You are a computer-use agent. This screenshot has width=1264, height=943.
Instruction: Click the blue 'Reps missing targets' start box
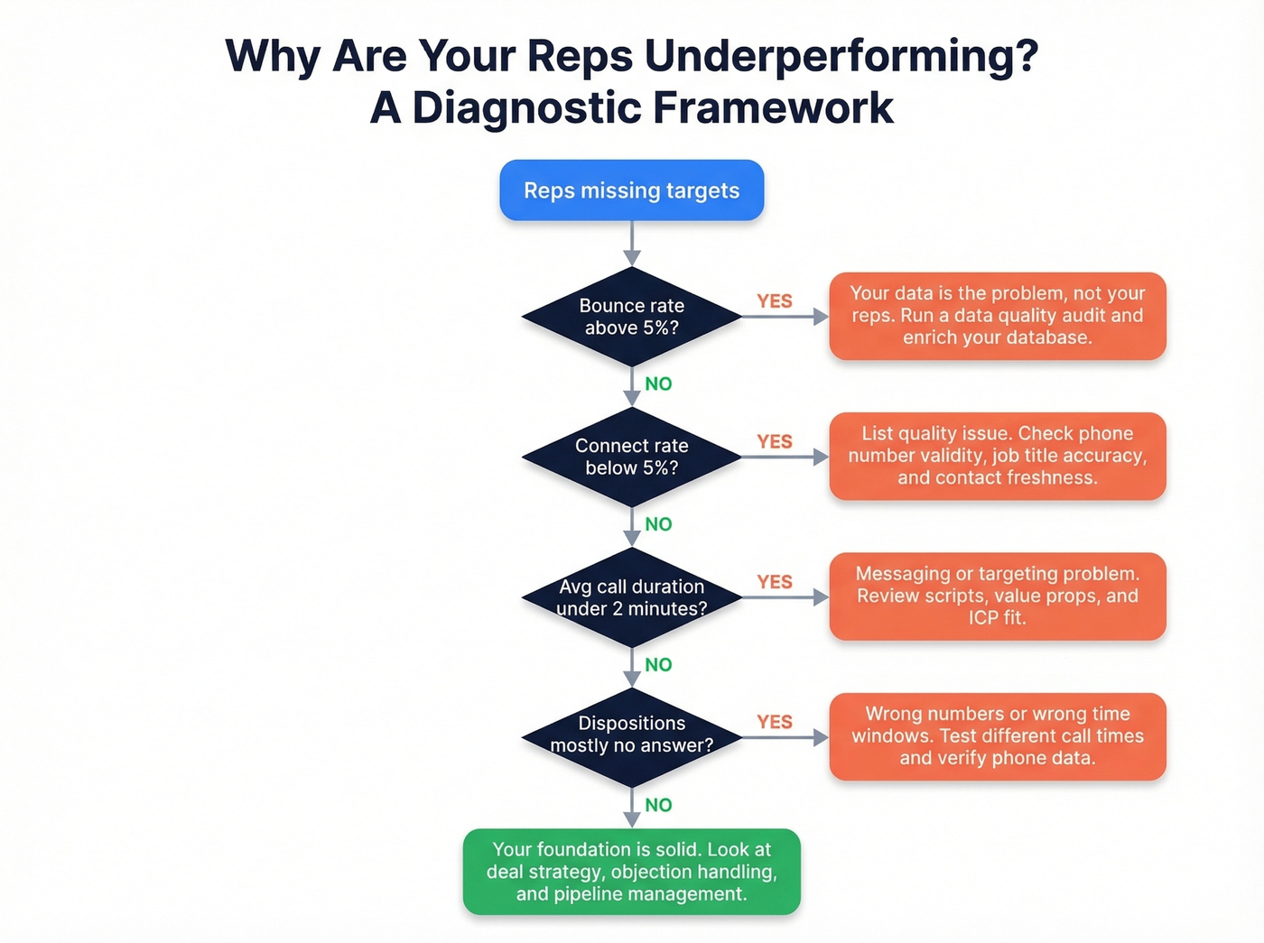[631, 190]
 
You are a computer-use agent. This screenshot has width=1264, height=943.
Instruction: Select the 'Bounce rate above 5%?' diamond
[631, 317]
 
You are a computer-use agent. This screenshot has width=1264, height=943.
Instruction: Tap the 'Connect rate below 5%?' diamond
[631, 457]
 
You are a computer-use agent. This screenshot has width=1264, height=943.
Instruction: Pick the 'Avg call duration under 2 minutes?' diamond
[631, 597]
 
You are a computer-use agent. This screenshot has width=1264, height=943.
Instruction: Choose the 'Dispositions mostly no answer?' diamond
[631, 735]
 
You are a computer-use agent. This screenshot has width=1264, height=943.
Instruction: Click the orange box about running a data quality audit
[997, 316]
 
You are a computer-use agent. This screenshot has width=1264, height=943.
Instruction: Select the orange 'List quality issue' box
[997, 456]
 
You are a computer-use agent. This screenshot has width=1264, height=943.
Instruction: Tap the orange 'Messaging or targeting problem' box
[997, 596]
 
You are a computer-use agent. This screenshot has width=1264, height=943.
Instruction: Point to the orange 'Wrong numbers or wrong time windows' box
[997, 736]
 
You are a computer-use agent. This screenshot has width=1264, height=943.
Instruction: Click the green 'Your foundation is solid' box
[631, 872]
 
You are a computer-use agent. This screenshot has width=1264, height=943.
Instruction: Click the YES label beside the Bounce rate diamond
[775, 301]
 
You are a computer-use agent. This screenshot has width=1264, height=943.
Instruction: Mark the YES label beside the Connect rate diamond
[775, 441]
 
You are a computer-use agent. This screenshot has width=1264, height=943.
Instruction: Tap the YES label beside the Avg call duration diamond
[775, 582]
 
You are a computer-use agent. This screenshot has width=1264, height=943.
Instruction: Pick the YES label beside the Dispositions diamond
[775, 722]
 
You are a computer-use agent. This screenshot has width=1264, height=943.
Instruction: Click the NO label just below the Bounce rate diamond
[658, 384]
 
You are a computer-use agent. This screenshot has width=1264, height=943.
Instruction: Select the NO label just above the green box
[658, 805]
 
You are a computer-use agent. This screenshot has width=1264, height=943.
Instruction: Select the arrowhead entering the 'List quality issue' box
[821, 457]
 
